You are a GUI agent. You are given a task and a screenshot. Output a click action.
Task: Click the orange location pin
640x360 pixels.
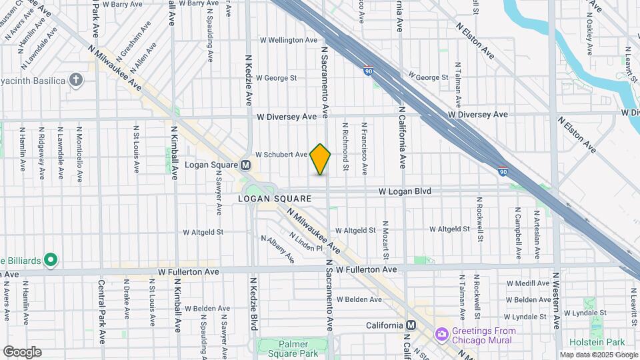tap(321, 159)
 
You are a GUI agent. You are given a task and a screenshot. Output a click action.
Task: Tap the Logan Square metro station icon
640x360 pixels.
tap(245, 165)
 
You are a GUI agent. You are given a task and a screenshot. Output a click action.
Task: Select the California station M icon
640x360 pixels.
tap(411, 325)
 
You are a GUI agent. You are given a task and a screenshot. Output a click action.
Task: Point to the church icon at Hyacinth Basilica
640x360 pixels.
tap(77, 81)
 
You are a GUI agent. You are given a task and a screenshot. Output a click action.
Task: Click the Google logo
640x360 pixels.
tap(22, 351)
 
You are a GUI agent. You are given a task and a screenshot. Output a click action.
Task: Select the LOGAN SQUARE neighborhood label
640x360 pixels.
tap(275, 199)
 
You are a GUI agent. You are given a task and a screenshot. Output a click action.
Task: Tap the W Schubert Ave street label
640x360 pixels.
tap(281, 154)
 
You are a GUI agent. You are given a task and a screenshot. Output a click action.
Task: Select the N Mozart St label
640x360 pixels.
tap(386, 240)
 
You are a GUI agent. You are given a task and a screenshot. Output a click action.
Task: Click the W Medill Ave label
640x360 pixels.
tap(527, 283)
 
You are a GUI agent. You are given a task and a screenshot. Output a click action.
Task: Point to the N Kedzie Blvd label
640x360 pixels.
tap(254, 303)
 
